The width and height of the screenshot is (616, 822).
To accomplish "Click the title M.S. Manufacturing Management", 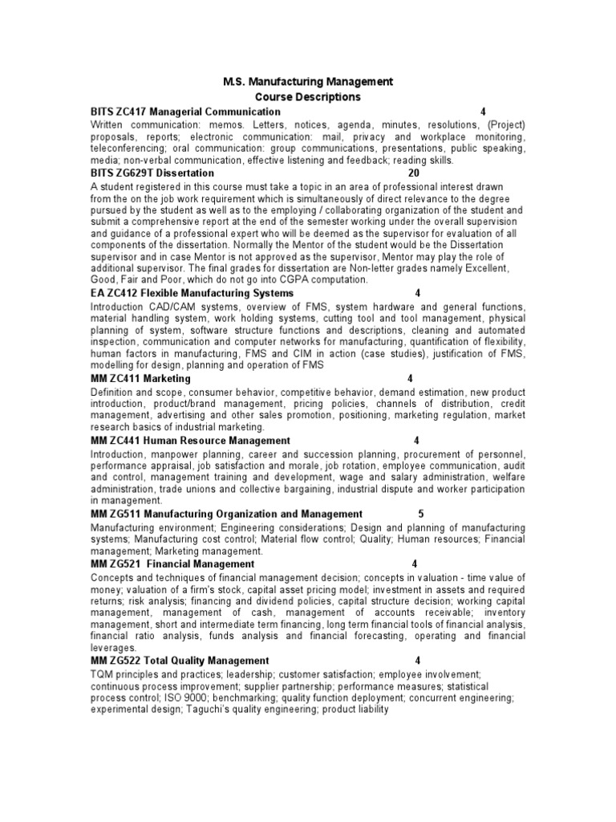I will click(x=308, y=82).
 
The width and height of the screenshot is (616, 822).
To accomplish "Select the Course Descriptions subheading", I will click(x=308, y=97).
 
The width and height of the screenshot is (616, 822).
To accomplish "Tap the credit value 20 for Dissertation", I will click(x=414, y=173).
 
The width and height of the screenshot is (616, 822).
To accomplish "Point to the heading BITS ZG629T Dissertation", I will click(x=152, y=173).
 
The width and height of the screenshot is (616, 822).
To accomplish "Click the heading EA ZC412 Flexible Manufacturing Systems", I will click(x=192, y=294).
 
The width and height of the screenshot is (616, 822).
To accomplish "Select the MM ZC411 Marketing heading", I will click(x=140, y=378).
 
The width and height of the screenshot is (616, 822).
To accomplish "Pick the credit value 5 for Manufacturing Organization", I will click(x=421, y=514).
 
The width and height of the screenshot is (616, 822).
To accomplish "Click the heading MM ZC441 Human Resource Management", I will click(x=190, y=441).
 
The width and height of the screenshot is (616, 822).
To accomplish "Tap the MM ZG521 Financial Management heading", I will click(x=172, y=564).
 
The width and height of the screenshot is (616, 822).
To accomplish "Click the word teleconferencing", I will click(x=130, y=149).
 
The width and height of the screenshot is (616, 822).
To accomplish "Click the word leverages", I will click(x=114, y=648).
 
